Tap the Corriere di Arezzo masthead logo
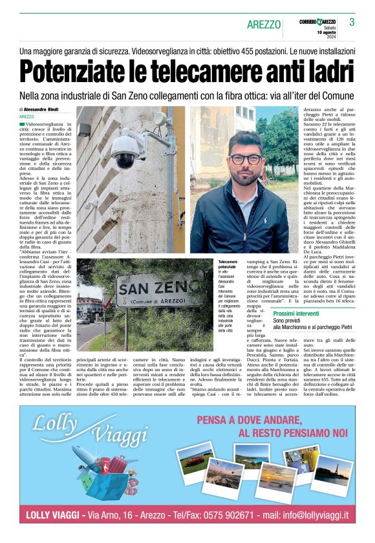coord(316,21)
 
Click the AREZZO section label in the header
coord(264,25)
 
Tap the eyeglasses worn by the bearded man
coord(246,158)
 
